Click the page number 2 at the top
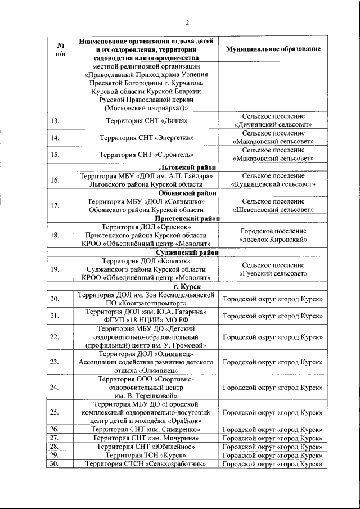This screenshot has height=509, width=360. point(188,22)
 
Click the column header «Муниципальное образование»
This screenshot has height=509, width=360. point(273,49)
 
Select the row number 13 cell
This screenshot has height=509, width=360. point(55,120)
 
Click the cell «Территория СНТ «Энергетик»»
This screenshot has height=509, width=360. point(146,137)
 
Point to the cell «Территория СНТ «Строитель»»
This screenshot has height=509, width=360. point(146,154)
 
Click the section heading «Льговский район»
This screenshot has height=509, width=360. point(188,168)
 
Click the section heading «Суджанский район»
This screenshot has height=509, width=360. point(188,253)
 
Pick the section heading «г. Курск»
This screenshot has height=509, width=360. point(188,286)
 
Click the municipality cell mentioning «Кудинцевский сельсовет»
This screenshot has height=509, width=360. point(273,180)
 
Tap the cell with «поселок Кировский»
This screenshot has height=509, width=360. point(273,235)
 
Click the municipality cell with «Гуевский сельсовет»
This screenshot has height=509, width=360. point(273,269)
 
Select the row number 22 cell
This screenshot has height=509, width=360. point(55,337)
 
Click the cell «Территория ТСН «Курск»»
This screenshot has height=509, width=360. point(146,454)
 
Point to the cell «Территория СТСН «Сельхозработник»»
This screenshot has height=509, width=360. point(146,463)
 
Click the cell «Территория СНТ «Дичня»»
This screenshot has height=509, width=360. point(146,120)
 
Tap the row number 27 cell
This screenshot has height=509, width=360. point(55,438)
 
